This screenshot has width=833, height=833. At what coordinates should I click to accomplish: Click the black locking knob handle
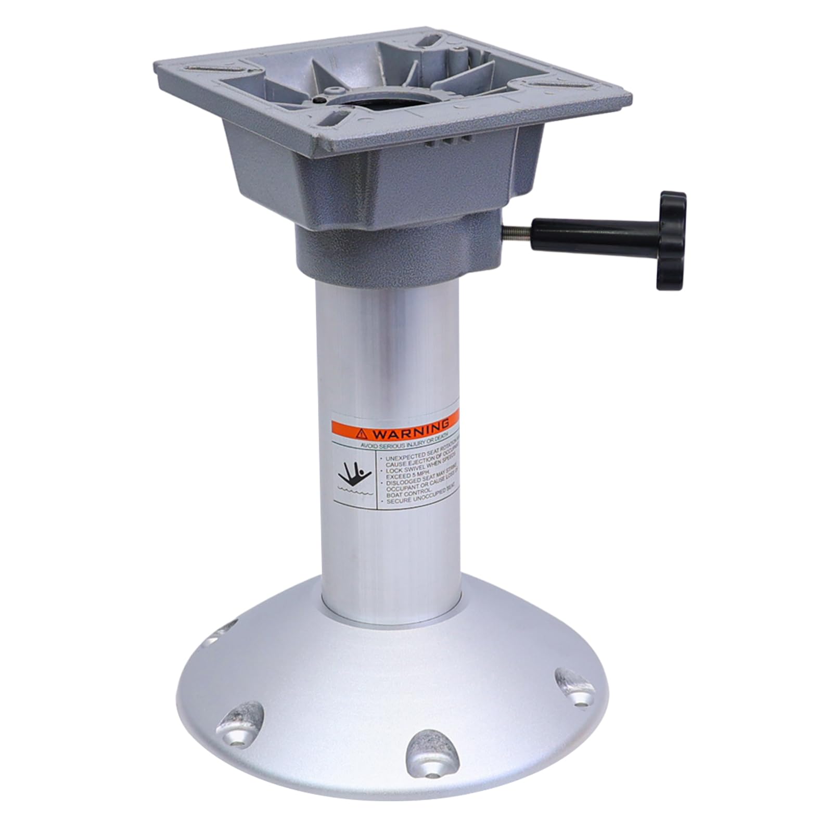(671, 240)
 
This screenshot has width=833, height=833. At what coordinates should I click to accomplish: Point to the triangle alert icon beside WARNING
(361, 433)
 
